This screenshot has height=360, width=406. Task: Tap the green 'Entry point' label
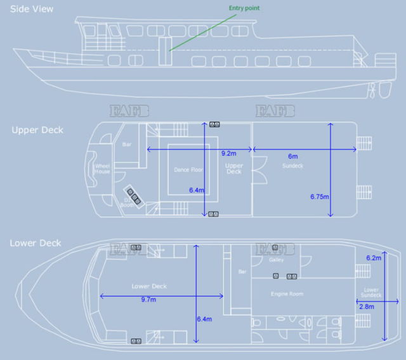[x=244, y=8]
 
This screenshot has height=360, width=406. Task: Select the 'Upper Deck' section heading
[x=37, y=130]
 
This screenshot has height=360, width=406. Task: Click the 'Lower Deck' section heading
[x=36, y=243]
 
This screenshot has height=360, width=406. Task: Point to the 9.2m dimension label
[x=229, y=153]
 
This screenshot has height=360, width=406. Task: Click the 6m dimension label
[x=292, y=155]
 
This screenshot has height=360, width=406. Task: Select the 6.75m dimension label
[x=320, y=196]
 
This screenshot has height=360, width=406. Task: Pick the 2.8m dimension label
[x=367, y=306]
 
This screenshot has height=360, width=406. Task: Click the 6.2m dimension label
[x=374, y=257]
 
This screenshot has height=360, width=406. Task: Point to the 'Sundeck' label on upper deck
[x=292, y=165]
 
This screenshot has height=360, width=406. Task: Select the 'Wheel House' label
[x=102, y=169]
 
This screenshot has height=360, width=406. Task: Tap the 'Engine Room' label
[x=286, y=294]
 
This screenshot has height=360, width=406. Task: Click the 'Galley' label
[x=276, y=260]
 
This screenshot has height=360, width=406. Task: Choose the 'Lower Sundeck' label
[x=371, y=292]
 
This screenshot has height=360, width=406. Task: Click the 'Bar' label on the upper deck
[x=126, y=145]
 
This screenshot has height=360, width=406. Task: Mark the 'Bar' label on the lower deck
[x=241, y=272]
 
